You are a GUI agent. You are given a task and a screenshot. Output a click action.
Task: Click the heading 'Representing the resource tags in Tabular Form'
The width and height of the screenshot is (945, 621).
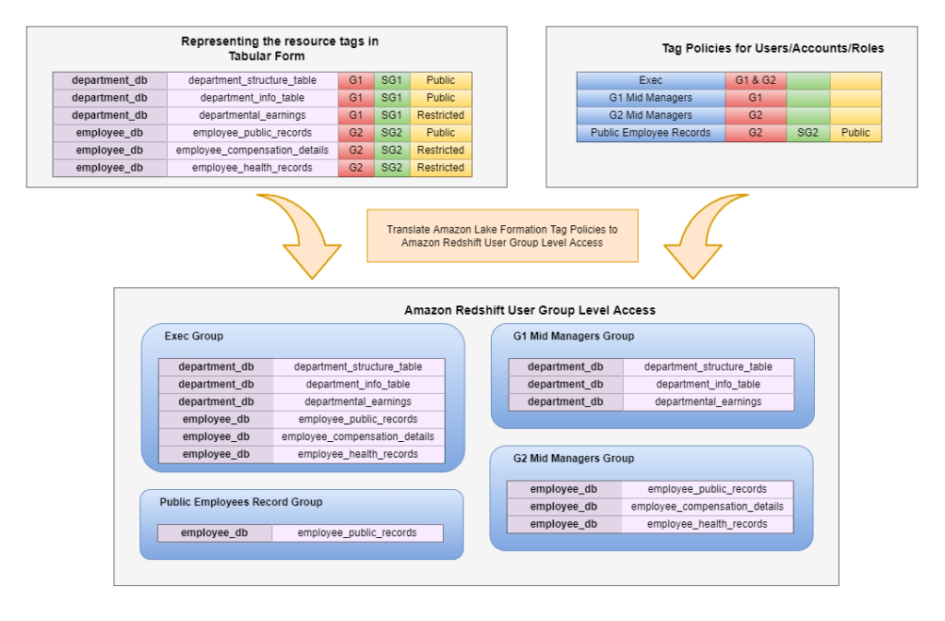[280, 48]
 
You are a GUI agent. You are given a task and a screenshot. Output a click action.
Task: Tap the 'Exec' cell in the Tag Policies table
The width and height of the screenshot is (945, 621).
[651, 80]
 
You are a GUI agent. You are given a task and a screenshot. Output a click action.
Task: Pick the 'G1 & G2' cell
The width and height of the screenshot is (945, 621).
[755, 80]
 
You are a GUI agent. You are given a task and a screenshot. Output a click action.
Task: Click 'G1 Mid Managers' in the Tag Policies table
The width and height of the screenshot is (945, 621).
[651, 98]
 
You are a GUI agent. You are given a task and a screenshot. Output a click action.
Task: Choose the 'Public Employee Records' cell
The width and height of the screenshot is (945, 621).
[651, 133]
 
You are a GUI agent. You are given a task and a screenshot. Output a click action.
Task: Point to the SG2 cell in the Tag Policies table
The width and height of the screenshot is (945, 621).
[807, 133]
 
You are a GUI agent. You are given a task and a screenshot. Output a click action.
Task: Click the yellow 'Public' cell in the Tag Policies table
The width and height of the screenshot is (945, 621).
[855, 133]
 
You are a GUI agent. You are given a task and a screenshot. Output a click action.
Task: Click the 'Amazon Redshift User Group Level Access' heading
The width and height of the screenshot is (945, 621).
[530, 310]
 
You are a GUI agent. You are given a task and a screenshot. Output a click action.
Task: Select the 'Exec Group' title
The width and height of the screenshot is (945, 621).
[194, 336]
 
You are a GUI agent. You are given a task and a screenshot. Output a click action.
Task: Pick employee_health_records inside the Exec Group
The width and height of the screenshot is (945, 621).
[358, 454]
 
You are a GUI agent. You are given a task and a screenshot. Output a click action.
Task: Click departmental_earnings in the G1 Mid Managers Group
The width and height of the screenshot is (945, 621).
[708, 401]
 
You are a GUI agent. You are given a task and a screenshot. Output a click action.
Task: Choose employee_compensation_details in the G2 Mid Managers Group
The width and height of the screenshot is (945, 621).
[707, 507]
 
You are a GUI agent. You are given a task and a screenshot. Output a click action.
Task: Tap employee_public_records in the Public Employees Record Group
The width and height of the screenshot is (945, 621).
[357, 532]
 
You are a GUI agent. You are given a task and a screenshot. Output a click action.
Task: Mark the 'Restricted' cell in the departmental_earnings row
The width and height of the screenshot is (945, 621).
[440, 115]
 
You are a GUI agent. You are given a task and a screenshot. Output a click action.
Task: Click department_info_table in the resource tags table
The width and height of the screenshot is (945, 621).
[252, 98]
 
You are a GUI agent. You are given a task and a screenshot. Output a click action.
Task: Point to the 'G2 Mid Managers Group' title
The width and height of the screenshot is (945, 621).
[573, 459]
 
